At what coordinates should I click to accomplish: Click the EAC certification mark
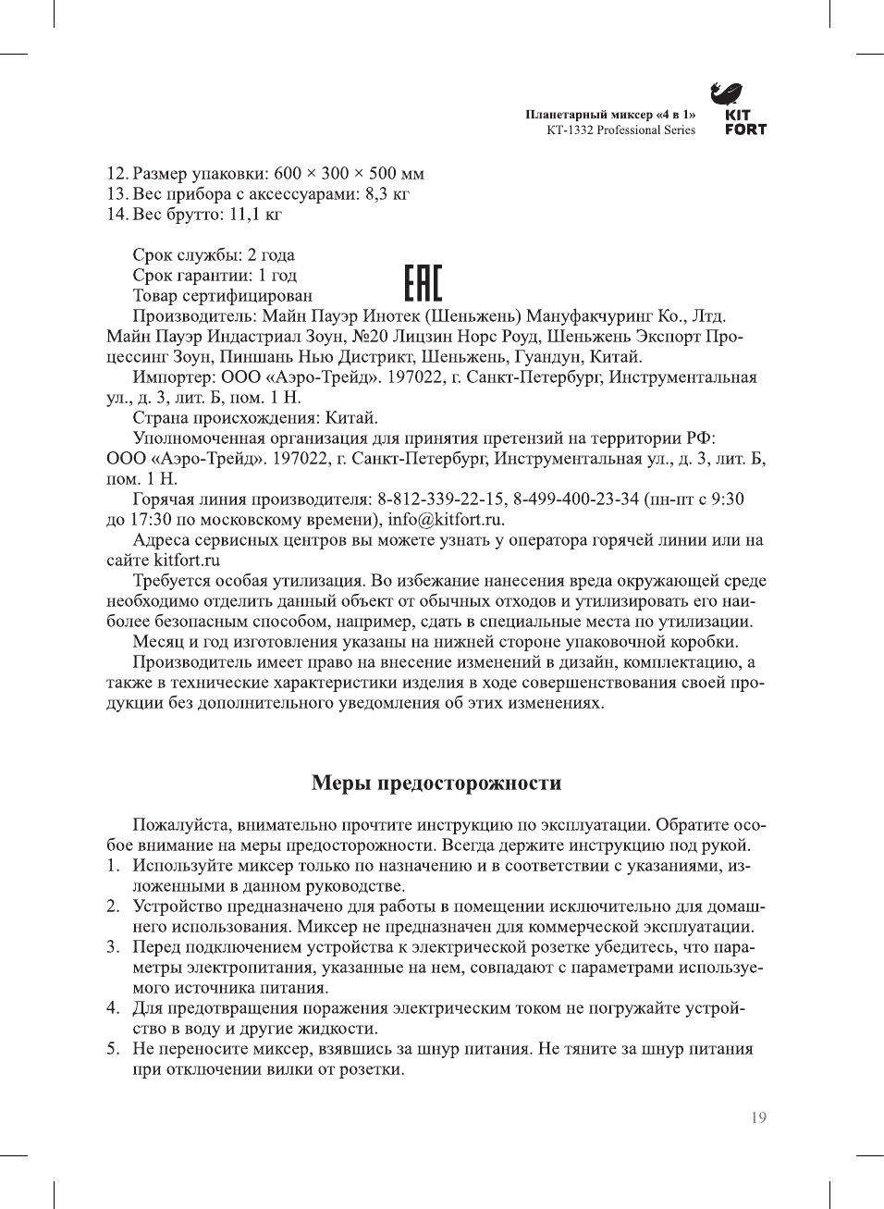(423, 283)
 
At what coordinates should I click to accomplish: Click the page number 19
(758, 1117)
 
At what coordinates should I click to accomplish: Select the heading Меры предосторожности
(436, 783)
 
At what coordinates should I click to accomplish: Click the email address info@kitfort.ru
(446, 520)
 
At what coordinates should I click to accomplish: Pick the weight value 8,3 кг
(387, 194)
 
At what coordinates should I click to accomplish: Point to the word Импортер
(174, 377)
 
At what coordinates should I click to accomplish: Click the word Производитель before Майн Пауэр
(194, 316)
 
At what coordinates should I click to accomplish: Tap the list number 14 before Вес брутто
(117, 215)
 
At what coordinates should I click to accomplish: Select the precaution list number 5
(113, 1049)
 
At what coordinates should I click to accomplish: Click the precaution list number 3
(113, 947)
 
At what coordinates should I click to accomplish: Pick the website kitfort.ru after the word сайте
(187, 561)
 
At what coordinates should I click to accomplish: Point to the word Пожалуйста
(180, 825)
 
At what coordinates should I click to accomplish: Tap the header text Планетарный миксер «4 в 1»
(610, 115)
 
